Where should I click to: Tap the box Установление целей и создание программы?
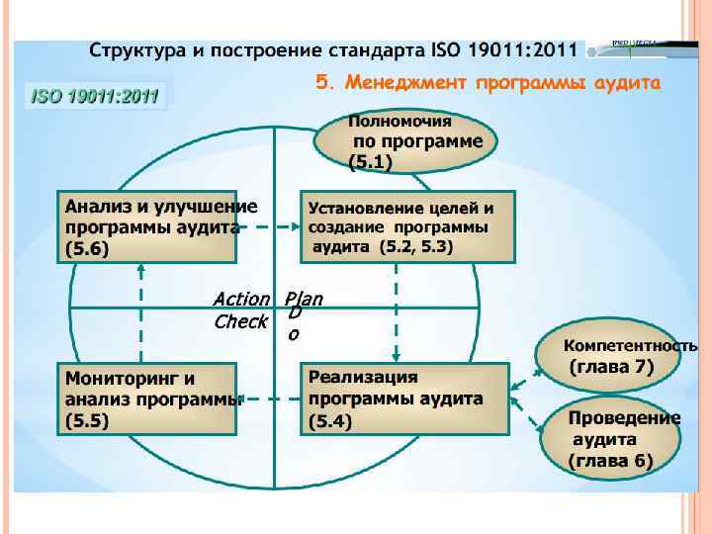[x=405, y=226]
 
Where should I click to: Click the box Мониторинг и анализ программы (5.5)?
[x=148, y=399]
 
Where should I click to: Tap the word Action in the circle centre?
[x=241, y=298]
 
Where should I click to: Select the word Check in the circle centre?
[x=240, y=321]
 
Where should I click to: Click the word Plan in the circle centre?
[x=304, y=298]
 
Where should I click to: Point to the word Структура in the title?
[x=132, y=49]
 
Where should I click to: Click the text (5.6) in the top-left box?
[x=87, y=248]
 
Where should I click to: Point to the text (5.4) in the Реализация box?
[x=330, y=420]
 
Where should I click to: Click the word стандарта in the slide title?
[x=377, y=49]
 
